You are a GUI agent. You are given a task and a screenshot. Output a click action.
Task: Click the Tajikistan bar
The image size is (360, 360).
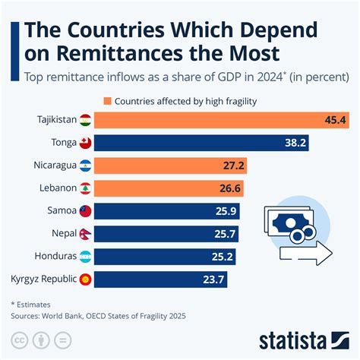point(220,120)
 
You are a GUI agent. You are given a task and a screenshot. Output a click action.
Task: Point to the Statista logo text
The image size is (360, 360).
point(304,339)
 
